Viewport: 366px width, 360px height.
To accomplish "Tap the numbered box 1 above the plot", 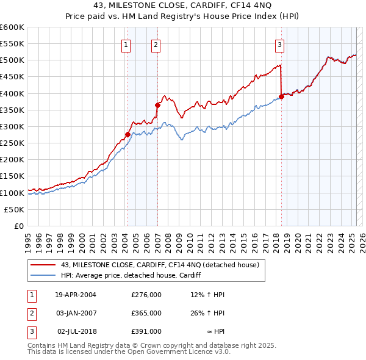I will coord(125,44).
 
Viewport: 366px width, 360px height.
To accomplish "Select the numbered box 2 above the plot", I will coord(156,44).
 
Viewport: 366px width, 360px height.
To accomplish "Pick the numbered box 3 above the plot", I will coord(279,44).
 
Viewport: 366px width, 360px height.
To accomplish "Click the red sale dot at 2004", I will coord(127,134).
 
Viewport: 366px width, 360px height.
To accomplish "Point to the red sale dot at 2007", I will coord(157,105).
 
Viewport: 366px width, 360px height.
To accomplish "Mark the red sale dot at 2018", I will coord(281,96).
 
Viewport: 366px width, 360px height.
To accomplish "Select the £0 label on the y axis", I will coord(20,226).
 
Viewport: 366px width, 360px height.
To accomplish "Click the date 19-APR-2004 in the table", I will coord(76,295).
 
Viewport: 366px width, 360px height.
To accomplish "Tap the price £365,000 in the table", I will coord(146,313).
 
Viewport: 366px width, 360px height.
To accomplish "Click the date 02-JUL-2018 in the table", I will coord(76,331).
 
